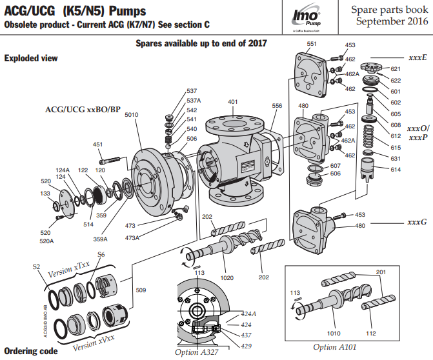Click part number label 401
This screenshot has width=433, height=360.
[x=232, y=102]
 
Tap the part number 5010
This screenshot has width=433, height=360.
[x=131, y=115]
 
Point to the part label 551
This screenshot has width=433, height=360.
[x=312, y=43]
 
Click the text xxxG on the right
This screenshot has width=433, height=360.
[x=417, y=222]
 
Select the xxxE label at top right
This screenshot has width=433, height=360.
[x=418, y=57]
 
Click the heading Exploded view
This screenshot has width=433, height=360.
[x=31, y=58]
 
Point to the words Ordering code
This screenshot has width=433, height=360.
[x=30, y=352]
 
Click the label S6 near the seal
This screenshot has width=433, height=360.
[x=101, y=255]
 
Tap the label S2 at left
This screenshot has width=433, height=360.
[x=36, y=266]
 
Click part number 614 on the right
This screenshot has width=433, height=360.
[x=396, y=169]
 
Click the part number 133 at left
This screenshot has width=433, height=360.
[x=45, y=194]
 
